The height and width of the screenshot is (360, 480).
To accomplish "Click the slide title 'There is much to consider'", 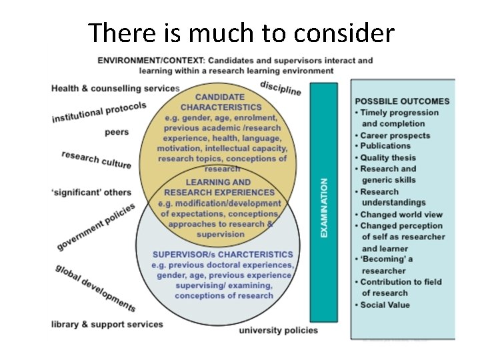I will pyautogui.click(x=241, y=32).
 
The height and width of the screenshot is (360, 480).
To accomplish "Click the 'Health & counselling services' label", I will pyautogui.click(x=115, y=88).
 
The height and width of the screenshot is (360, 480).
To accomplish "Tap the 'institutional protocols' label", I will pyautogui.click(x=99, y=111).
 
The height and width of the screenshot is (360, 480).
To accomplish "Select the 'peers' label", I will pyautogui.click(x=117, y=132).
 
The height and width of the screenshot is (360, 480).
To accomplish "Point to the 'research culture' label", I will pyautogui.click(x=97, y=159).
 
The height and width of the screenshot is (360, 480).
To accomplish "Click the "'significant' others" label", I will pyautogui.click(x=91, y=192).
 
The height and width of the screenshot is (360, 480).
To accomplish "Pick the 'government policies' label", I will pyautogui.click(x=95, y=227).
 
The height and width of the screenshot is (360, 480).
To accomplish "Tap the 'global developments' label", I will pyautogui.click(x=96, y=288).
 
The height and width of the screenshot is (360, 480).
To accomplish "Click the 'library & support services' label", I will pyautogui.click(x=107, y=325).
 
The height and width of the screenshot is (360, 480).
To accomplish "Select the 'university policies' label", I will pyautogui.click(x=278, y=330).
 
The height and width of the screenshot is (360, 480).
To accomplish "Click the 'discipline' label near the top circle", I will pyautogui.click(x=281, y=87).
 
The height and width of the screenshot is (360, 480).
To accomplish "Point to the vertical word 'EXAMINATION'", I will pyautogui.click(x=325, y=207).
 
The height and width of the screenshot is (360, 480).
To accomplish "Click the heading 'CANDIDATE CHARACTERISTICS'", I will pyautogui.click(x=221, y=102).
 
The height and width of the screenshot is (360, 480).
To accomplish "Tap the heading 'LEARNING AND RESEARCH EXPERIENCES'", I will pyautogui.click(x=218, y=187).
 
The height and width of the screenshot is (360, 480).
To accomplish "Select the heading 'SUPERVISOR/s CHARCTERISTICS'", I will pyautogui.click(x=223, y=254).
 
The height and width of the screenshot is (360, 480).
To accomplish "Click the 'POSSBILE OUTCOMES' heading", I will pyautogui.click(x=402, y=101).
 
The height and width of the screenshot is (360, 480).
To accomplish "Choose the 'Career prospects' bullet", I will pyautogui.click(x=395, y=135).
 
